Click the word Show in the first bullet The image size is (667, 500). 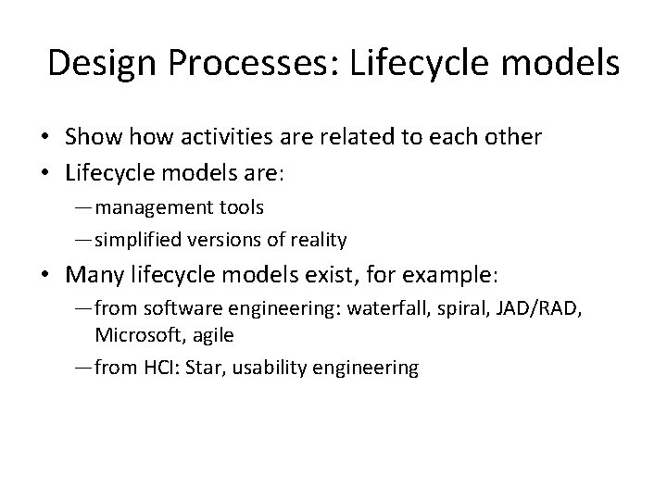coord(92,137)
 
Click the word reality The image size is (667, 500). coord(318,240)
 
